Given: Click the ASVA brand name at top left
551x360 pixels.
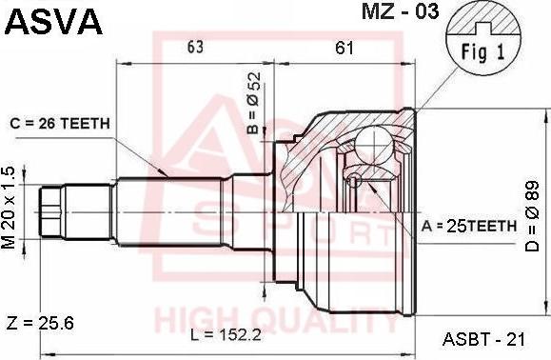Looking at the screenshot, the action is pos(53,22).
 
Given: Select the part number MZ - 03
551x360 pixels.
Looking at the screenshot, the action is pos(401,11).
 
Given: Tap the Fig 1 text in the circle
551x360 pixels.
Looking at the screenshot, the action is pos(482,52).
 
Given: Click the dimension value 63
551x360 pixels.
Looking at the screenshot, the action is pos(195,47).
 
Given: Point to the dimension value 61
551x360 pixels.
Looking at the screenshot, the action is pos(344,47).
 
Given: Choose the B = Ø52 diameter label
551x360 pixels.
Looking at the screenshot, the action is pos(253,103).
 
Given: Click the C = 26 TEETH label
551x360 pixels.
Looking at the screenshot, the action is pos(60,124).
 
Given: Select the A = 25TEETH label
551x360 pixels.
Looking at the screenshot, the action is pos(469,226).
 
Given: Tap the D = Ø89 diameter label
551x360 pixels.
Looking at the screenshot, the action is pos(532,216).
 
